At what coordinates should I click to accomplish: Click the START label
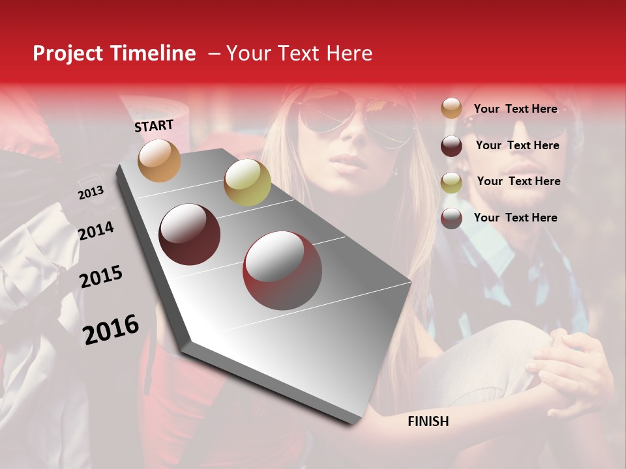click(154, 126)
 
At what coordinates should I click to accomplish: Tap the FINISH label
click(428, 421)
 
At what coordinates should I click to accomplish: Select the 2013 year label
click(91, 193)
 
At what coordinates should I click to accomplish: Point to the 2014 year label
click(96, 231)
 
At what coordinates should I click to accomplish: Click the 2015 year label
click(101, 277)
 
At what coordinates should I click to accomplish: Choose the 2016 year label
click(111, 330)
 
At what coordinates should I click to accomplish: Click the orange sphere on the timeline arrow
click(159, 160)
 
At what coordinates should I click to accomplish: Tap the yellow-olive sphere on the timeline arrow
click(247, 182)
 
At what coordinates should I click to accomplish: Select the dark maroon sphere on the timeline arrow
click(190, 234)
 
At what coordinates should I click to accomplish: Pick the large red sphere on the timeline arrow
click(282, 270)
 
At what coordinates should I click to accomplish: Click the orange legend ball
click(451, 109)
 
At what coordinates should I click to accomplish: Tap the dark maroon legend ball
click(451, 146)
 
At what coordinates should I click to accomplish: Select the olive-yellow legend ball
click(451, 182)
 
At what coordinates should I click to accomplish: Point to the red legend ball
click(451, 218)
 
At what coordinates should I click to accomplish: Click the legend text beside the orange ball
click(515, 109)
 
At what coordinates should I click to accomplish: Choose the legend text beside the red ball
click(515, 218)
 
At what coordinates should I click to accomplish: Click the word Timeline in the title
click(152, 53)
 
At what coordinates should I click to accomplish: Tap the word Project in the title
click(68, 53)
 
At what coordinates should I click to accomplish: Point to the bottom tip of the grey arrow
click(355, 423)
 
